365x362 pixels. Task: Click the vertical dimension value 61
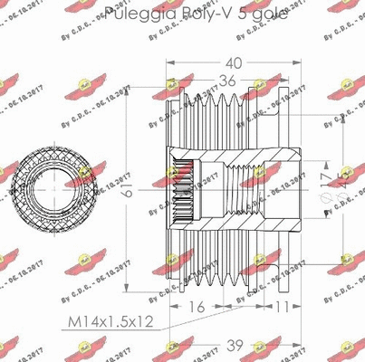pos(127,188)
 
